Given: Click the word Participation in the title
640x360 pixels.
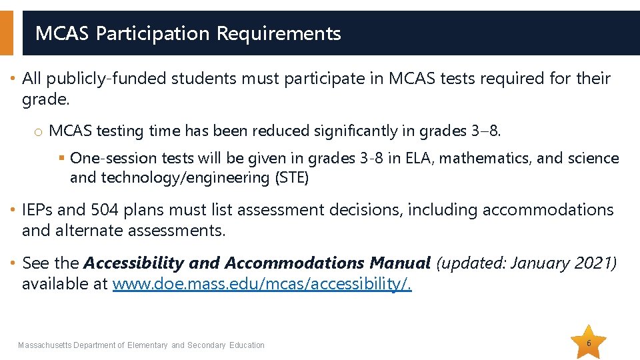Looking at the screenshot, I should pyautogui.click(x=153, y=33).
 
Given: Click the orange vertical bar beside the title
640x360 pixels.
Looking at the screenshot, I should pyautogui.click(x=6, y=33).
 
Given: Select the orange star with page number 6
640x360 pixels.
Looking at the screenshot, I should pyautogui.click(x=589, y=343).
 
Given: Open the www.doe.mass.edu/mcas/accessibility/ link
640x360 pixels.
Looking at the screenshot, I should pyautogui.click(x=262, y=285).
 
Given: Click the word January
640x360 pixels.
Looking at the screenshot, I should pyautogui.click(x=537, y=263).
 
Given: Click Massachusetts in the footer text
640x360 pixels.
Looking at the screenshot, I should pyautogui.click(x=45, y=345).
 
